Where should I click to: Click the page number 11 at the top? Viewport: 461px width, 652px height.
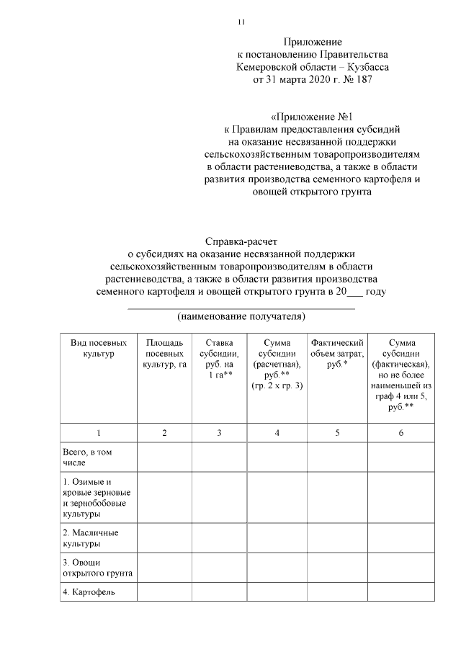coord(241,22)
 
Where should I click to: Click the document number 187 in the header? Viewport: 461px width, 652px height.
coord(365,80)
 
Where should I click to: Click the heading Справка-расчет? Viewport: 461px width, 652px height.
coord(241,240)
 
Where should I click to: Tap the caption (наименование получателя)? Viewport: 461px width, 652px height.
coord(241,316)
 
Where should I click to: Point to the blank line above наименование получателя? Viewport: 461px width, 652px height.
coord(241,308)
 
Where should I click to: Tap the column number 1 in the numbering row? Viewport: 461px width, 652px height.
coord(99,432)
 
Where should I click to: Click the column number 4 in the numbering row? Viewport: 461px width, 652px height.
coord(277,432)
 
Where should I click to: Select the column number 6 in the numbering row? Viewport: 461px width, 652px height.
coord(400,432)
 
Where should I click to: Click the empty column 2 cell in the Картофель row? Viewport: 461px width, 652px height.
coord(164,593)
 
